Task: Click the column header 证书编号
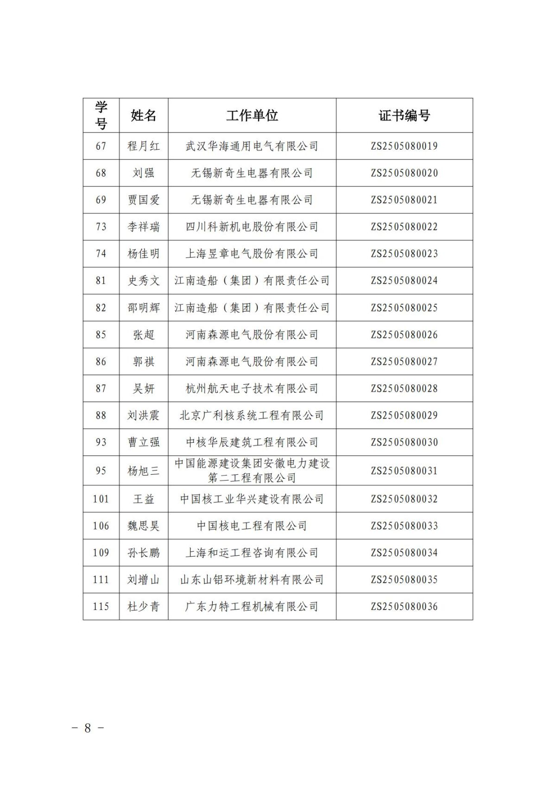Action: [x=404, y=115]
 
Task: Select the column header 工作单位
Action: [x=252, y=115]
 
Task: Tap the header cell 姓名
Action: [x=144, y=115]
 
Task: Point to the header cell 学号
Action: [x=101, y=115]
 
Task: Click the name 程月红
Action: [x=144, y=146]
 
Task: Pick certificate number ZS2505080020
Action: [x=404, y=173]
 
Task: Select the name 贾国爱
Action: [x=144, y=200]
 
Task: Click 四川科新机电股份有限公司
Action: [x=252, y=227]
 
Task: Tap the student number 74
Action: [x=101, y=254]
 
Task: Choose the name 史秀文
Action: [x=144, y=281]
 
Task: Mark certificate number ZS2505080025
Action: [x=404, y=308]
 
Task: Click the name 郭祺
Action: [x=144, y=362]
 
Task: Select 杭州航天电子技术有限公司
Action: [x=252, y=389]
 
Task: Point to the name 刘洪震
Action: [x=144, y=415]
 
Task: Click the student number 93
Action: [x=101, y=442]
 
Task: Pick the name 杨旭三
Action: [x=144, y=471]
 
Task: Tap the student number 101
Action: [x=101, y=499]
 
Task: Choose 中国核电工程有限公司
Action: [x=252, y=526]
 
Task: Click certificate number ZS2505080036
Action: [x=404, y=607]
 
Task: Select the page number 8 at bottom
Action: [x=88, y=728]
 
